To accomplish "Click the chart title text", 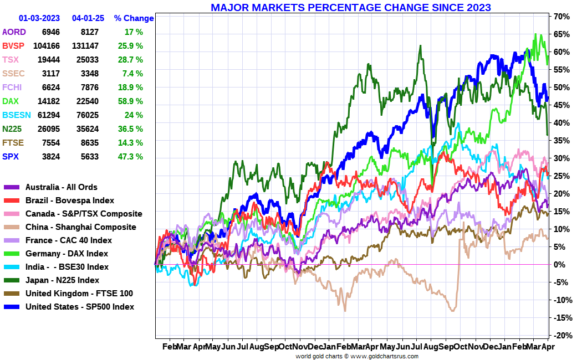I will click(x=350, y=7).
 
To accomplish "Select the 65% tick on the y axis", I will click(x=560, y=34).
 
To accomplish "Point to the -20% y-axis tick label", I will click(x=560, y=336).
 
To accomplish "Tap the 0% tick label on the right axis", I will click(x=560, y=265).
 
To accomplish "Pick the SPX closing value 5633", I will click(x=89, y=157).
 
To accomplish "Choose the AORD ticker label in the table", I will click(x=14, y=32).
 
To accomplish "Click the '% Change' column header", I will click(x=134, y=18).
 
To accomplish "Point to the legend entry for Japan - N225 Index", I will click(x=62, y=280).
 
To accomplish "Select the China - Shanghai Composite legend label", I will click(x=80, y=227).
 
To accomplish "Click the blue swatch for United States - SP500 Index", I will click(x=12, y=307).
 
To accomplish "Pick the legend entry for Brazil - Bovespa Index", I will click(x=69, y=200).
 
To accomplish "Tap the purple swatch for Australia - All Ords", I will click(x=12, y=187).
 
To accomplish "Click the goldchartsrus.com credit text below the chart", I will click(x=356, y=356).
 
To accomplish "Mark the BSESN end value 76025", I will click(x=85, y=115).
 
